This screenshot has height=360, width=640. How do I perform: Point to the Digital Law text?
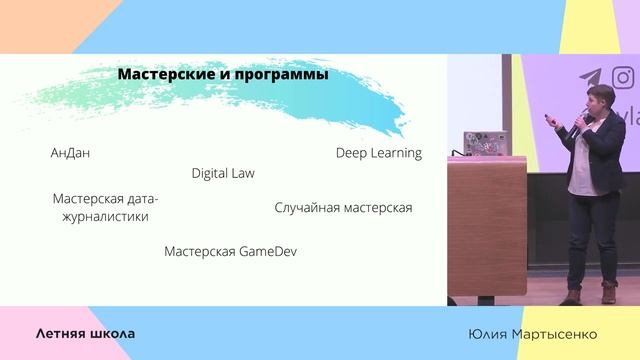(223, 173)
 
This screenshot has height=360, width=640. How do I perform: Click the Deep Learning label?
(378, 153)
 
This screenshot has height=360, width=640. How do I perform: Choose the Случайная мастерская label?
(343, 208)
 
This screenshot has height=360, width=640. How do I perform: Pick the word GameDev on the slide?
(267, 251)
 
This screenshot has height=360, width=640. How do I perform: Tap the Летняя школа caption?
(85, 333)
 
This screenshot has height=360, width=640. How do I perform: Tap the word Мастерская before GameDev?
(200, 251)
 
